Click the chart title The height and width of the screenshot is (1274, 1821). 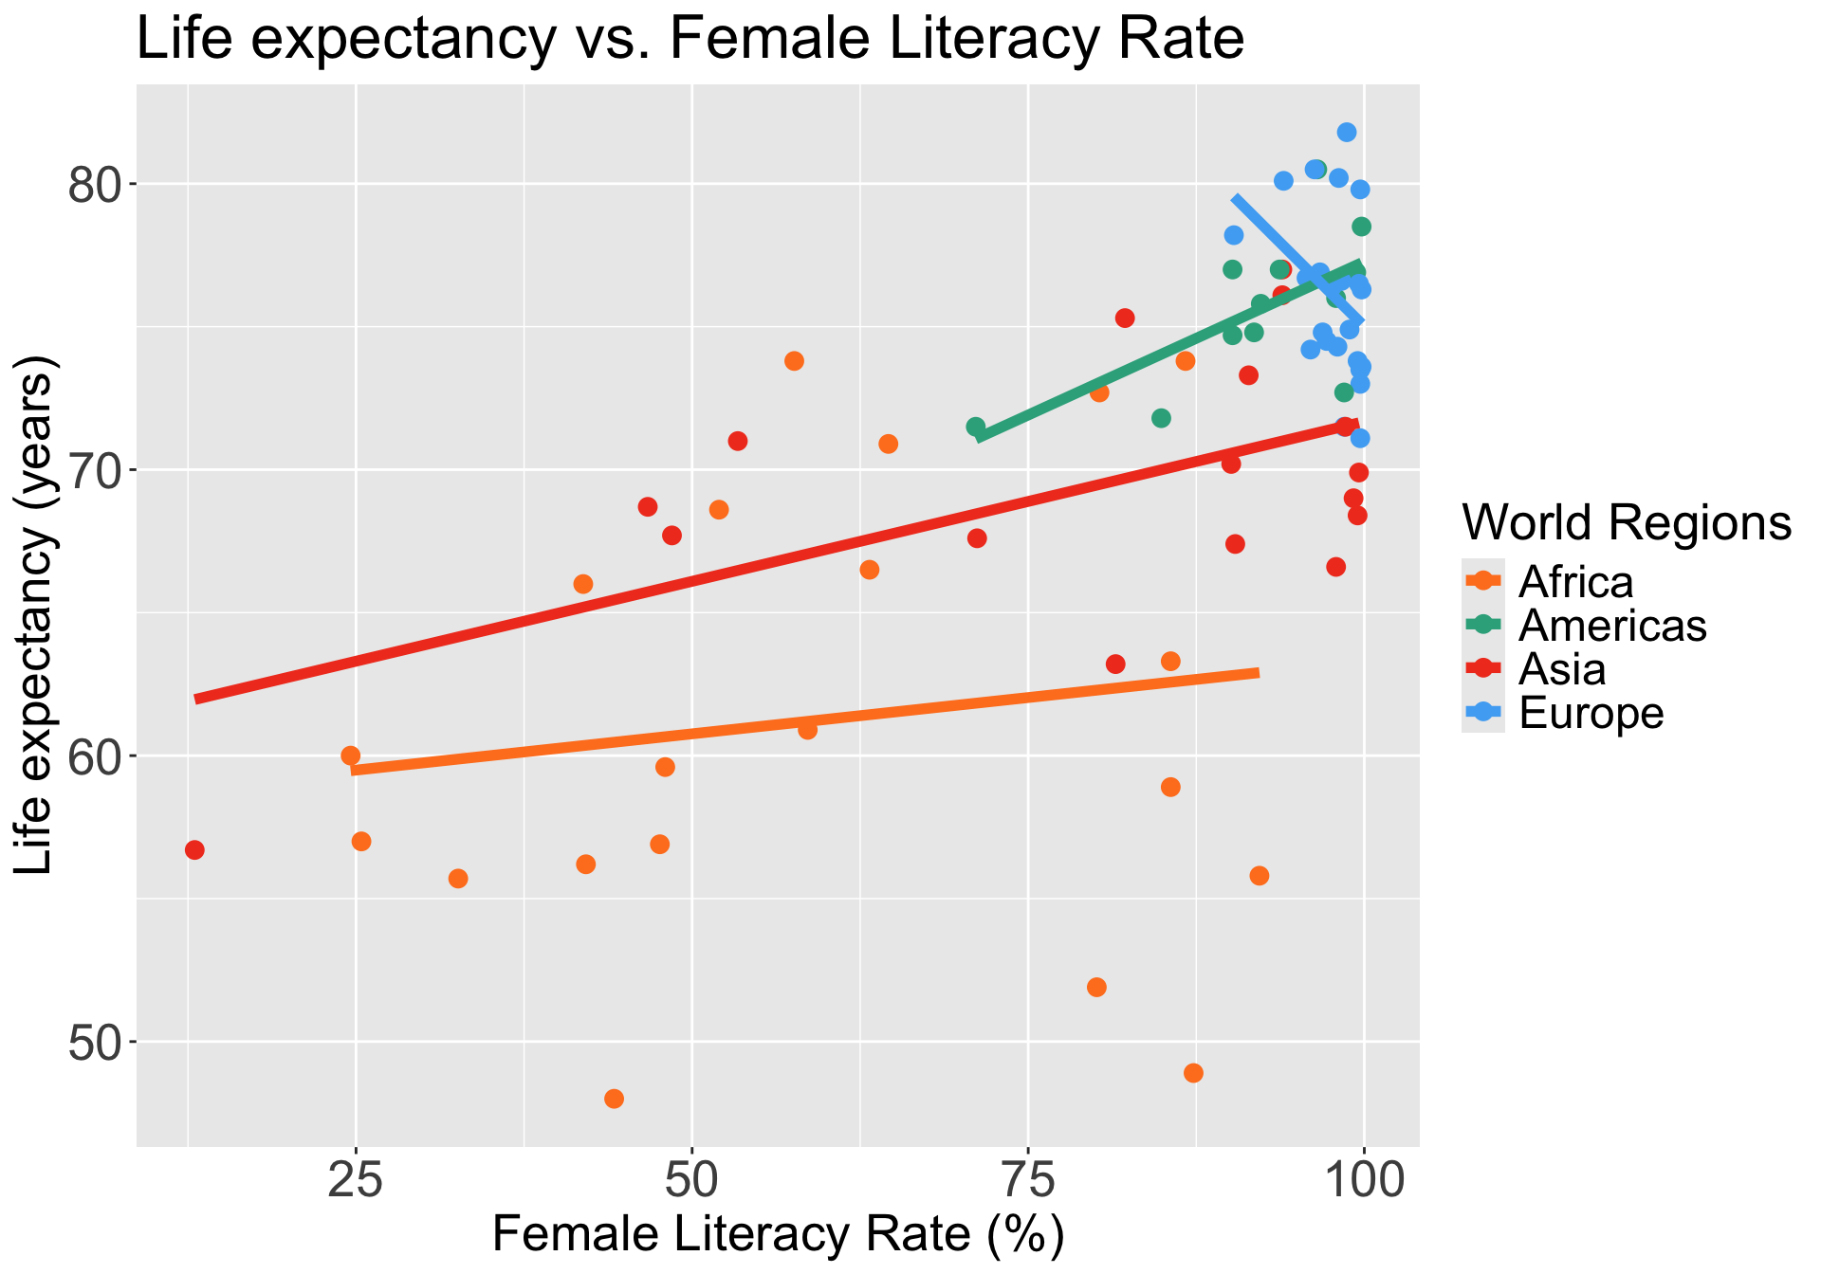click(690, 40)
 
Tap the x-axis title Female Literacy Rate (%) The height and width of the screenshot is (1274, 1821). click(778, 1236)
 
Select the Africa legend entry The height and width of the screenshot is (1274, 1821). click(1575, 581)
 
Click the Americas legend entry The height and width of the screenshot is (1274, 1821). click(1612, 626)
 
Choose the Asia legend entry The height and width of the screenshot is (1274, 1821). click(1562, 669)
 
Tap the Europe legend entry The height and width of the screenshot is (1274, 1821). click(1591, 713)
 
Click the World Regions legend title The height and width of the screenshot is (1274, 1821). click(1627, 522)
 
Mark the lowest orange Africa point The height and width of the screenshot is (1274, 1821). click(614, 1099)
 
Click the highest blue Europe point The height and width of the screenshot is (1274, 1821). click(1347, 132)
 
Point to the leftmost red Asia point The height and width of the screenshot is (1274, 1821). click(194, 850)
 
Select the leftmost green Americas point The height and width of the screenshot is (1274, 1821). click(975, 428)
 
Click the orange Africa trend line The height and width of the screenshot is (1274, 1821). click(806, 720)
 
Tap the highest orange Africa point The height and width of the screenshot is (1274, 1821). click(794, 361)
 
